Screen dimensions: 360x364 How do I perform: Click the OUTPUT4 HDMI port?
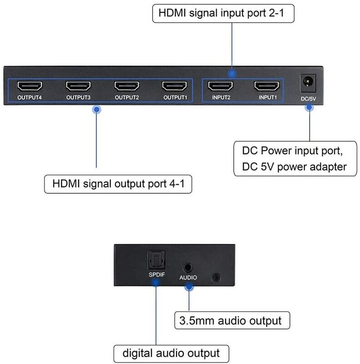click(30, 86)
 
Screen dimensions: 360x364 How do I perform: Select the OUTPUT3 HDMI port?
click(78, 86)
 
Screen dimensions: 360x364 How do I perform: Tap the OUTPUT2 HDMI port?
click(127, 86)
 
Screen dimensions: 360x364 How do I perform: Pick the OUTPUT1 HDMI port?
click(175, 86)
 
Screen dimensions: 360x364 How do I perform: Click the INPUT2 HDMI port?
click(220, 86)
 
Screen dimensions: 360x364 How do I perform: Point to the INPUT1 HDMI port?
click(267, 86)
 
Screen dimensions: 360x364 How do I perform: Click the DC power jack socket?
click(308, 83)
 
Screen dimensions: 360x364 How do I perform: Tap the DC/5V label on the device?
click(308, 99)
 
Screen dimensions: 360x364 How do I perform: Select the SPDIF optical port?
click(156, 260)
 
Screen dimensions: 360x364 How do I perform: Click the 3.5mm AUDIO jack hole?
click(188, 268)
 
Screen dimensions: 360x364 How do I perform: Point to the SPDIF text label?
click(157, 275)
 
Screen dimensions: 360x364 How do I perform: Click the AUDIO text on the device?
click(188, 278)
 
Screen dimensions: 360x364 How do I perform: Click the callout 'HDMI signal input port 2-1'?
click(223, 14)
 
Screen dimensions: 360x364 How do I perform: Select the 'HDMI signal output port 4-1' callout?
click(118, 184)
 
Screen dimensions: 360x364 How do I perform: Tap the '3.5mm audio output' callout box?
click(232, 321)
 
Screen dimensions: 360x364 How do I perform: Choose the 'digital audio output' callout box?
click(171, 354)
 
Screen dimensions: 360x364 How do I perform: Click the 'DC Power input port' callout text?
click(292, 151)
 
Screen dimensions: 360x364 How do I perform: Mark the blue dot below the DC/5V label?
click(309, 107)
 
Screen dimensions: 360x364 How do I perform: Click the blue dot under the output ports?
click(96, 110)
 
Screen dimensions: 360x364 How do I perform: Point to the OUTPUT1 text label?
click(175, 97)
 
